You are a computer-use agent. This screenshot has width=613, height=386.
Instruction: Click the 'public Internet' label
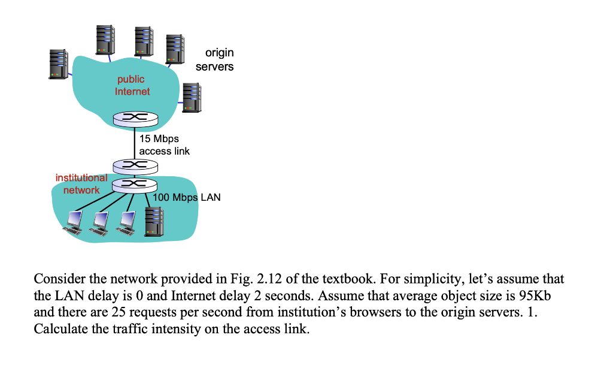pos(132,85)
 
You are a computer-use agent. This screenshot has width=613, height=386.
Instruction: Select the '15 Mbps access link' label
pos(164,145)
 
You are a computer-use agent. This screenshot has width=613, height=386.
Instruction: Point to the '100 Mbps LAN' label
pos(187,197)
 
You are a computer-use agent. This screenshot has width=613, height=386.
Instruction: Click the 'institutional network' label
pos(81,183)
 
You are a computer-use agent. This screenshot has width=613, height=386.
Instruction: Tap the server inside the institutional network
pos(154,221)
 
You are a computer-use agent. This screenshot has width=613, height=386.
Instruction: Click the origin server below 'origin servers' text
pos(192,97)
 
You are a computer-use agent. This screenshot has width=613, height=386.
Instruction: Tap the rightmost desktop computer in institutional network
pos(126,222)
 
